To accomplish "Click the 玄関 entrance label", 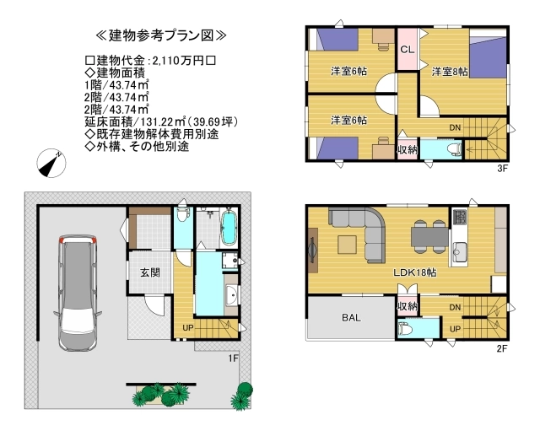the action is click(150, 272).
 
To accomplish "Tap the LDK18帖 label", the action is click(415, 272).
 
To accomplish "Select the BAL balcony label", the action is click(351, 317).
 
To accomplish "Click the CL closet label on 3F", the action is click(407, 50).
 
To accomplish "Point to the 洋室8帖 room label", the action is click(450, 72).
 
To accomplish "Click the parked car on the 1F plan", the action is click(78, 293).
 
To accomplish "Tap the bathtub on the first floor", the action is click(228, 227).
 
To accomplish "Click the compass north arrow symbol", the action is click(51, 163).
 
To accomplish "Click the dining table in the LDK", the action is click(429, 237).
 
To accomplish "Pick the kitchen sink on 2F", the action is click(459, 253).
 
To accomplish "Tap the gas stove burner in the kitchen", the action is click(459, 218).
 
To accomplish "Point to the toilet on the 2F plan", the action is click(405, 329).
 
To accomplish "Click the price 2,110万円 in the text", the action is click(178, 61).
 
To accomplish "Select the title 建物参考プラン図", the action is click(161, 35).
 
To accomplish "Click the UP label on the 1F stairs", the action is click(187, 328).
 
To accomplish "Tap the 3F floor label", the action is click(502, 169).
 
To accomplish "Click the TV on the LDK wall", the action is click(313, 250).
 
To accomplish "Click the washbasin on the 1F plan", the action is click(231, 295).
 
